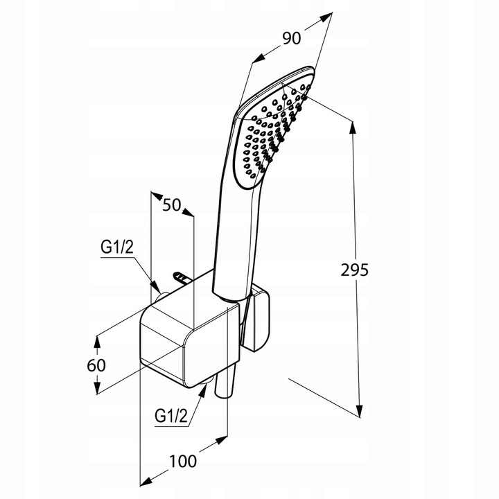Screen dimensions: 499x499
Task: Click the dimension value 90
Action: [291, 39]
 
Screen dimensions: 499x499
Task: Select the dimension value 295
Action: [355, 270]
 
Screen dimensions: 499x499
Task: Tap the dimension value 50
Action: [172, 205]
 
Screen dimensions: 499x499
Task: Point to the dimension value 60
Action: [96, 365]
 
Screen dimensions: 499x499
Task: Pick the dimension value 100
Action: [183, 461]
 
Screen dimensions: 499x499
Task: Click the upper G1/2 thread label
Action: [117, 247]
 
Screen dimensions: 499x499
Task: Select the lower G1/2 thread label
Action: [171, 416]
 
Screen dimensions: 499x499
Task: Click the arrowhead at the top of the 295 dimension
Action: [353, 127]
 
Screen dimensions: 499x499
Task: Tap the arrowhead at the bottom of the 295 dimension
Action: [359, 410]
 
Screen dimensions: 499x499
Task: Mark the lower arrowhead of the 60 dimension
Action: [98, 388]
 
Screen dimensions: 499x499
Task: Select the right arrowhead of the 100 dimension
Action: [222, 440]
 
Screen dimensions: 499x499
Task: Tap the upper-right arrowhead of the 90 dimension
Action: [326, 17]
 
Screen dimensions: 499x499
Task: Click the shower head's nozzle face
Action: [273, 133]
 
